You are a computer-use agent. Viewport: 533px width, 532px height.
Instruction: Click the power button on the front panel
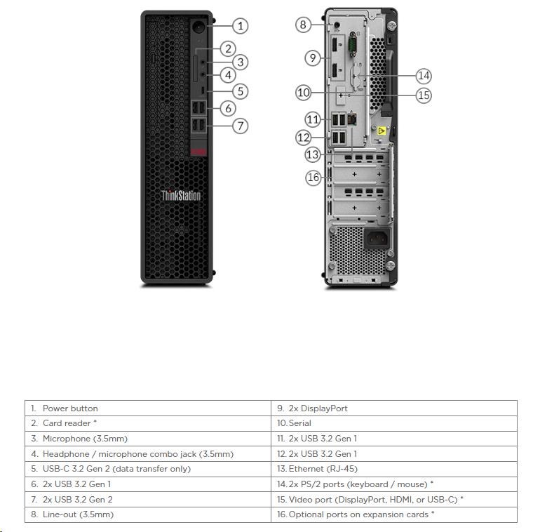tap(198, 27)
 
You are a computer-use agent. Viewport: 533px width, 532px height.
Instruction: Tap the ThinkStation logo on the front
tap(181, 196)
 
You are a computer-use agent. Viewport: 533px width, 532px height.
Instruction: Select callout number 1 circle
tap(241, 26)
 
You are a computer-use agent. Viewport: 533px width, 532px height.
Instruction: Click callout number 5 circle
tap(241, 91)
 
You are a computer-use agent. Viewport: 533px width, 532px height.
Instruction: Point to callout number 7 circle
tap(241, 126)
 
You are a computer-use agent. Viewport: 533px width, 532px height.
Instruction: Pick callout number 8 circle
tap(303, 25)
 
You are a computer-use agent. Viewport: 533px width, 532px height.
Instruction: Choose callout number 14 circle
tap(424, 76)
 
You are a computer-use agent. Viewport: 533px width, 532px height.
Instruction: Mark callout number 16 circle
tap(313, 178)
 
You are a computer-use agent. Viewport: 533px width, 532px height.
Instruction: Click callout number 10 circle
tap(303, 93)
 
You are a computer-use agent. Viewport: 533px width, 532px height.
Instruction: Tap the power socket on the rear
tap(377, 239)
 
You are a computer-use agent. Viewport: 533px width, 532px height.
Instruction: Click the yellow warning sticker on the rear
tap(382, 131)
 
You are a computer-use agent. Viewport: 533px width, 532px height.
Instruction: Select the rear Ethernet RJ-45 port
tap(352, 119)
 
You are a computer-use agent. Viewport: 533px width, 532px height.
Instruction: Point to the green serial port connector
tap(352, 45)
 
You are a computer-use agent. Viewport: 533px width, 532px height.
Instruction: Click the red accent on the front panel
tap(198, 152)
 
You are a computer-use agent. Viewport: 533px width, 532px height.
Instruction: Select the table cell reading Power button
tap(148, 408)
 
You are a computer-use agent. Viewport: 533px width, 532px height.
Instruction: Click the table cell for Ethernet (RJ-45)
tap(394, 469)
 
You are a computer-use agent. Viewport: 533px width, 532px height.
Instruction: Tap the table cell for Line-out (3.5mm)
tap(148, 514)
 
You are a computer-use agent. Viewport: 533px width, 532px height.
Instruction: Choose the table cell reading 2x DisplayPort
tap(394, 408)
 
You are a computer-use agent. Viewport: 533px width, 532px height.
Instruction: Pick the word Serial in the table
tap(300, 423)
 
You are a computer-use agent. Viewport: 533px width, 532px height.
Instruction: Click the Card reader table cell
tap(148, 423)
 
